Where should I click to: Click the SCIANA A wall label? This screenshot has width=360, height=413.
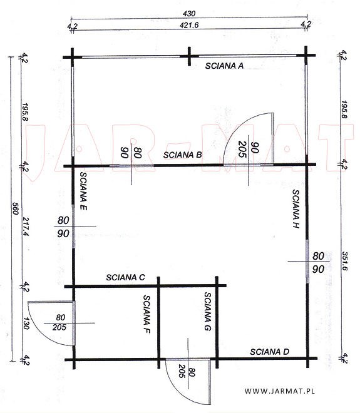coord(224,66)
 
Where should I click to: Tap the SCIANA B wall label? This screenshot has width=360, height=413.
coord(182,155)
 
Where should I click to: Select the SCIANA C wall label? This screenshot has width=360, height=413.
coord(125,277)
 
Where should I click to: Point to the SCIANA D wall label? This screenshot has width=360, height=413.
coord(270,352)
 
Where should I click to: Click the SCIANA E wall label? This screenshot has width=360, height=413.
coord(83,191)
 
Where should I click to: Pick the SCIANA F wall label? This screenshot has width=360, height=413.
coord(147,314)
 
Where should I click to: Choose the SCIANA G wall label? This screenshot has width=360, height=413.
coord(208,312)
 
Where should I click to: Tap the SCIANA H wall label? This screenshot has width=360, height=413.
coord(296,208)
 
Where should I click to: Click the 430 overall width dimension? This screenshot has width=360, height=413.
coord(189,14)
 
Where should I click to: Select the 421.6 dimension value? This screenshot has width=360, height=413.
coord(189,25)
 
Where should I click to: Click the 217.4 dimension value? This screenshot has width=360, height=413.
coord(26,227)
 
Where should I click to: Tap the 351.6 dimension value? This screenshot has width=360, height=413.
coord(345,261)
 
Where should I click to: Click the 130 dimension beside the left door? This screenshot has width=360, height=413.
coord(26,324)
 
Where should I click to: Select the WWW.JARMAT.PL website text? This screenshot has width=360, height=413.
coord(280,391)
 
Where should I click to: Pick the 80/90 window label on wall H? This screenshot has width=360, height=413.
coord(318,262)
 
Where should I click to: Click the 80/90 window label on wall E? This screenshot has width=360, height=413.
coord(63,227)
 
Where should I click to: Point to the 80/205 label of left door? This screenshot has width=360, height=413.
coord(59,322)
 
